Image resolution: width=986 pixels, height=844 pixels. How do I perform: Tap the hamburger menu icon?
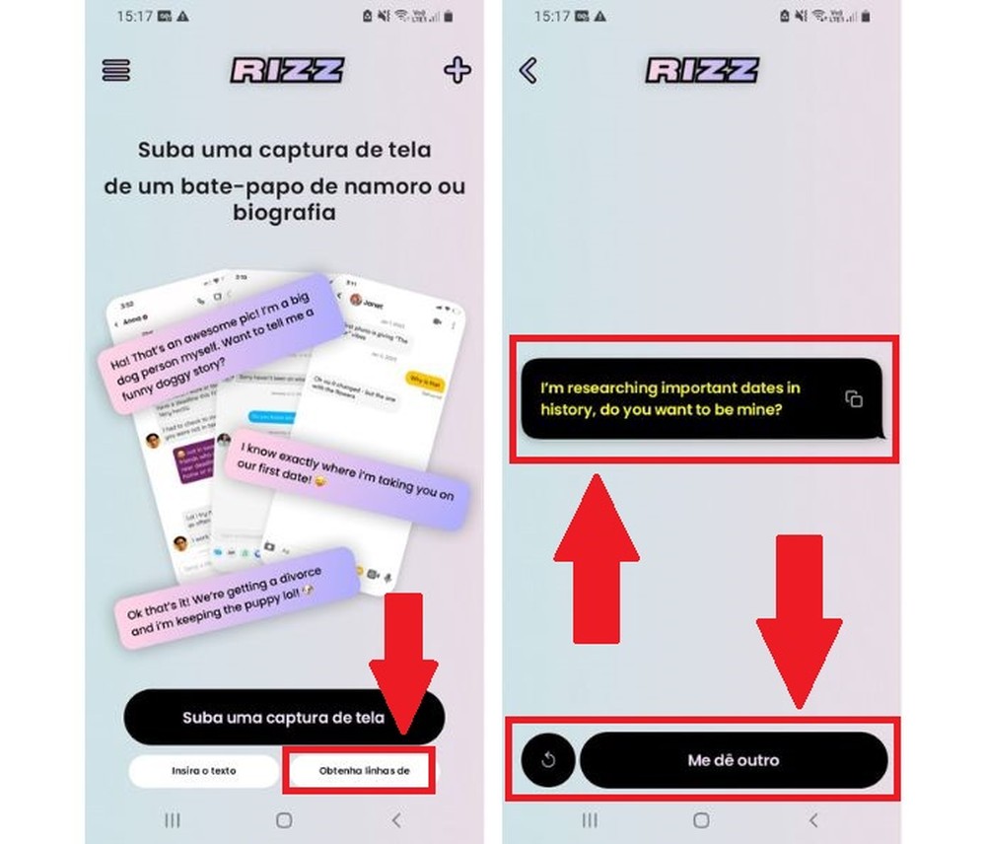click(116, 71)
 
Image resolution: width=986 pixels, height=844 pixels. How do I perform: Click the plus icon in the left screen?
click(457, 70)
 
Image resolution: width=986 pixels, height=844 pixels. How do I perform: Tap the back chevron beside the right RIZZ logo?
click(528, 70)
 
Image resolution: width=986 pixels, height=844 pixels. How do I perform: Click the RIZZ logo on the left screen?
click(287, 70)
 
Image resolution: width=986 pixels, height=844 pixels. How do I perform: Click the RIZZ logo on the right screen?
click(703, 70)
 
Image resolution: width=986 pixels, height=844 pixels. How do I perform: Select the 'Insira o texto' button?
click(203, 770)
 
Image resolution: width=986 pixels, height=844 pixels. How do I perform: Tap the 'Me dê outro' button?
click(733, 760)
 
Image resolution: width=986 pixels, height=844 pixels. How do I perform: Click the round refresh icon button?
click(548, 760)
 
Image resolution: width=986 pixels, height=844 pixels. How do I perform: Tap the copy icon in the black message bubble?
click(854, 398)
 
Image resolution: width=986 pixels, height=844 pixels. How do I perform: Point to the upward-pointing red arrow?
click(597, 557)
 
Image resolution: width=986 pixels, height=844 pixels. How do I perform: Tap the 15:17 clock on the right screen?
click(553, 17)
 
